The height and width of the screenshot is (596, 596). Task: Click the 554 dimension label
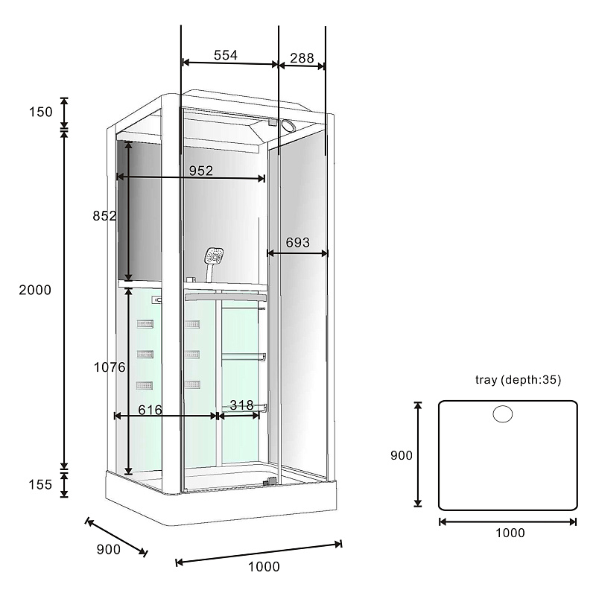pyautogui.click(x=226, y=55)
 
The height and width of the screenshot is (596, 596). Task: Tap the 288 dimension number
pyautogui.click(x=302, y=58)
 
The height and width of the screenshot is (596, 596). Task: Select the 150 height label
pyautogui.click(x=41, y=112)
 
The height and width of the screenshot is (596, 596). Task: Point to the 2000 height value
pyautogui.click(x=35, y=290)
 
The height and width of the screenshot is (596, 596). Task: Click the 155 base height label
pyautogui.click(x=40, y=485)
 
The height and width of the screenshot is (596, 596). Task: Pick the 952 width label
pyautogui.click(x=201, y=171)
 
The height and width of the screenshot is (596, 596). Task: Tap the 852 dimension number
pyautogui.click(x=104, y=216)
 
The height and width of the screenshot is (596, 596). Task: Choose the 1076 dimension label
pyautogui.click(x=110, y=367)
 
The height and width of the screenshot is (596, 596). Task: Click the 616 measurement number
pyautogui.click(x=150, y=410)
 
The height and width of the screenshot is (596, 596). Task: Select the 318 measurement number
pyautogui.click(x=241, y=405)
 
